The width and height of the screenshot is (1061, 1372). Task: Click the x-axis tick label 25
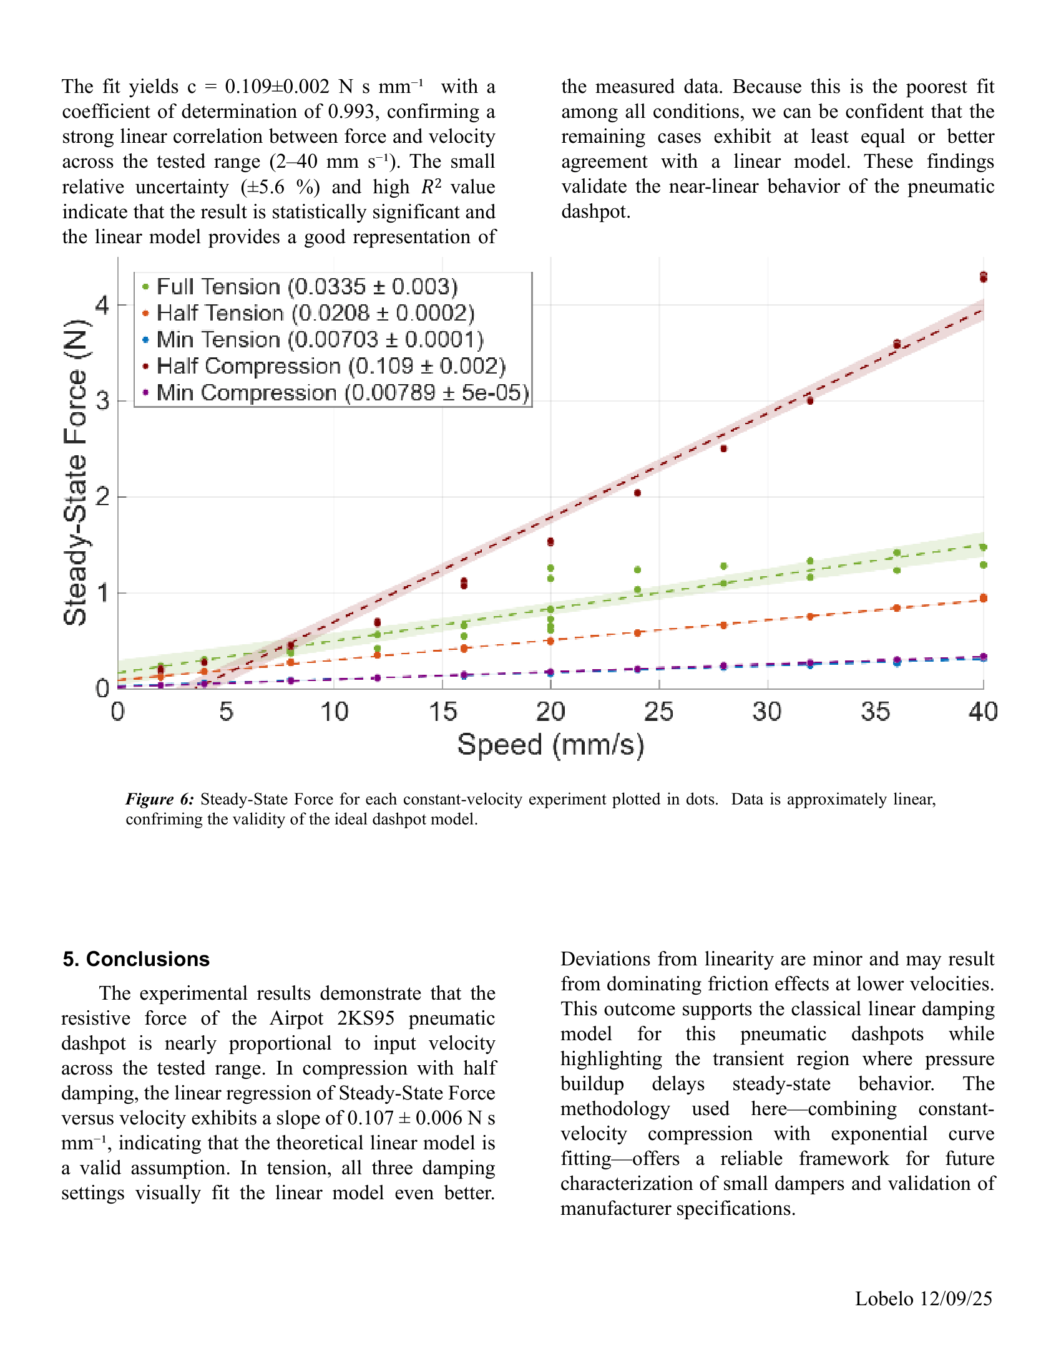point(658,712)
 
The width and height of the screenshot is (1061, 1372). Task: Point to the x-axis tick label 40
point(983,712)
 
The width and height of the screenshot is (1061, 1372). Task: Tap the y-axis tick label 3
point(102,401)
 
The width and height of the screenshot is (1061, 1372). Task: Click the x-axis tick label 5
point(226,712)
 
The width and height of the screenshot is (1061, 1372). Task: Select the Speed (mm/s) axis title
point(550,745)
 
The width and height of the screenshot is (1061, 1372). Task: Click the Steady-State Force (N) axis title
point(76,473)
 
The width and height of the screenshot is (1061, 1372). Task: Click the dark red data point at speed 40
point(983,277)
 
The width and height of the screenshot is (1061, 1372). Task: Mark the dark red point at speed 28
point(723,448)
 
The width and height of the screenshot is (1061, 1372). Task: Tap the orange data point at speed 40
point(983,598)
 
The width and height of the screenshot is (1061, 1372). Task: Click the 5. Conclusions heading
point(136,959)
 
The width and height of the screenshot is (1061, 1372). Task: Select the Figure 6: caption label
point(160,799)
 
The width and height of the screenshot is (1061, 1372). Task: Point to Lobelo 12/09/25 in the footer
point(923,1298)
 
